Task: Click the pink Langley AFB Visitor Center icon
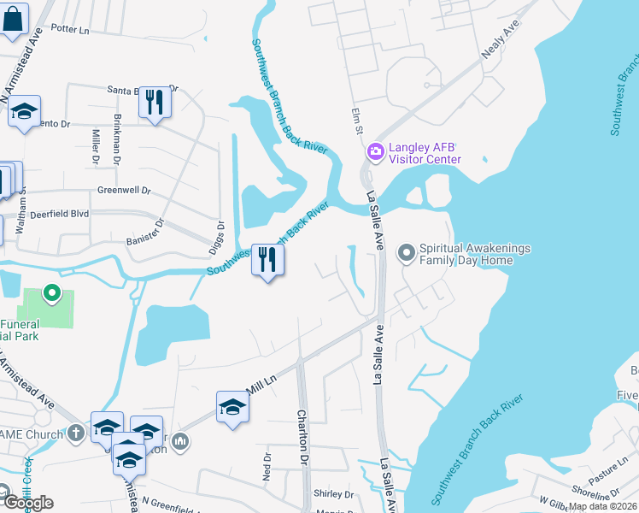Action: (375, 152)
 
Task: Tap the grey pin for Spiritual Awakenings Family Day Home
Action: (406, 253)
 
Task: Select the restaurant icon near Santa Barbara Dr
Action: (155, 103)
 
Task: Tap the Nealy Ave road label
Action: (500, 41)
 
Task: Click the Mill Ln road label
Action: (259, 389)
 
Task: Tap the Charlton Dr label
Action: (302, 436)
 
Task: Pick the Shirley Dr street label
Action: (333, 494)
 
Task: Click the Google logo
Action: (27, 503)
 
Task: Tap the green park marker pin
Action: (51, 294)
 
